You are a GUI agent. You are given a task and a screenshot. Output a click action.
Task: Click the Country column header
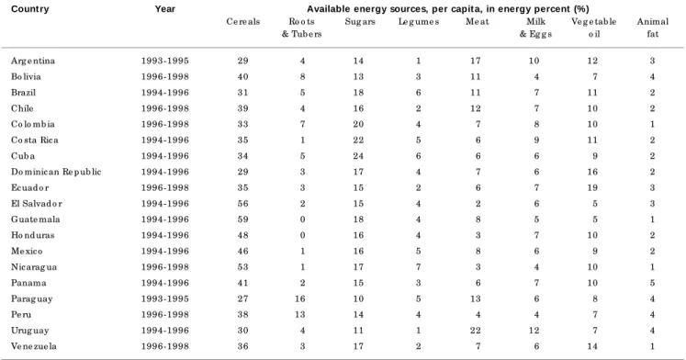tap(30, 9)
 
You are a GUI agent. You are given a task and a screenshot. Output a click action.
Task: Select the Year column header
tap(165, 9)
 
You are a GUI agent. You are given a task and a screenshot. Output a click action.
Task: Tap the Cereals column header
tap(243, 21)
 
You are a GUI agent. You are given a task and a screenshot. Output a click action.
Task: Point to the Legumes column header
tap(419, 21)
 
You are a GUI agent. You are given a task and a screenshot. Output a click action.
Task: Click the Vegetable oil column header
tap(593, 28)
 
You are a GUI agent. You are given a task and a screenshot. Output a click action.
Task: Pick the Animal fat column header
tap(653, 28)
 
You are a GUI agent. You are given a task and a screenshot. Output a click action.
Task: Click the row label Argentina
tap(33, 61)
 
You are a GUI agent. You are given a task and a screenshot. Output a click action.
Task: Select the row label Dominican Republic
tap(56, 172)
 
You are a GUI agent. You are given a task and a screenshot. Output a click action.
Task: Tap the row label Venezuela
tap(34, 346)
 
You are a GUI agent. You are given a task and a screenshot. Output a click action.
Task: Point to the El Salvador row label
tap(37, 203)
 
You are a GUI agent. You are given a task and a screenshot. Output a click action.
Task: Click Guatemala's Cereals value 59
tap(242, 219)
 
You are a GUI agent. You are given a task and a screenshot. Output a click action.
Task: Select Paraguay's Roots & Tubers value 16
tap(302, 298)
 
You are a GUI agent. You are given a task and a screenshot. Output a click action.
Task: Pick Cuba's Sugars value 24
tap(358, 156)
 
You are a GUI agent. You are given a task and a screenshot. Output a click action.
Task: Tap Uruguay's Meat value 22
tap(476, 331)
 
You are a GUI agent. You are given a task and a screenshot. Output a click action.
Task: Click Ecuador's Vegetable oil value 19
tap(592, 187)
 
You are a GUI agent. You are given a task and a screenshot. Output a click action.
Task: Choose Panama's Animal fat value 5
tap(652, 283)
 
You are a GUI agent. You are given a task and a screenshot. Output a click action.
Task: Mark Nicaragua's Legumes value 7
tap(418, 267)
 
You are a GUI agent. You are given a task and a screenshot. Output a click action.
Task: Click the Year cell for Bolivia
tap(165, 76)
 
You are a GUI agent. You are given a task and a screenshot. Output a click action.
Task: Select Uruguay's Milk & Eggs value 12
tap(534, 331)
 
